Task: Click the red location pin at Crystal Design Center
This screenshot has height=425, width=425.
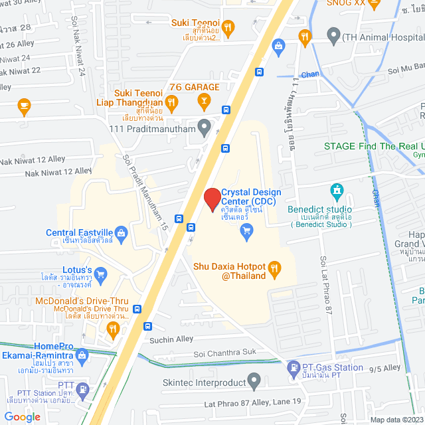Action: coord(212,199)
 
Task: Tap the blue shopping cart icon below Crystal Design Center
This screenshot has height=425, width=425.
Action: coord(246,230)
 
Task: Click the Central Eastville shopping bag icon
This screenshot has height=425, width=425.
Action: coord(121,232)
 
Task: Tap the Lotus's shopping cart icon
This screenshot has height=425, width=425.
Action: coord(100,273)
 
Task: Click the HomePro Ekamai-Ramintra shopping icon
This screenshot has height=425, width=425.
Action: coord(82,355)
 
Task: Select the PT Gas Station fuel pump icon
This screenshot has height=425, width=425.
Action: coord(292,367)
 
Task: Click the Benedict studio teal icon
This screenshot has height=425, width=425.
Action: coord(337,193)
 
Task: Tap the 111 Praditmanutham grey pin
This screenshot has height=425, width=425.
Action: coord(205,126)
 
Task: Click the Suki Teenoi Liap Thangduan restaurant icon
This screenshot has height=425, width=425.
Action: coord(171,102)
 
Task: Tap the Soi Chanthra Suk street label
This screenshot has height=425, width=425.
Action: coord(226,354)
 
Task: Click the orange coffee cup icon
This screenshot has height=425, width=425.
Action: coord(25,104)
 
